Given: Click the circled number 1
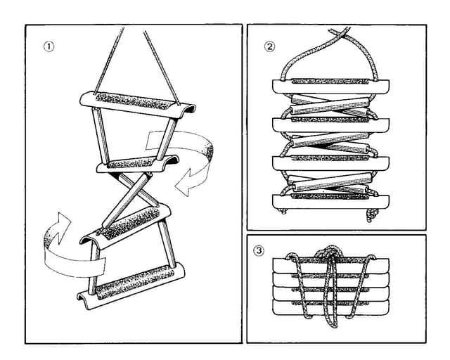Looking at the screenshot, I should point(49,46).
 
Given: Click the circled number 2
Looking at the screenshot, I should point(269,47).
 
